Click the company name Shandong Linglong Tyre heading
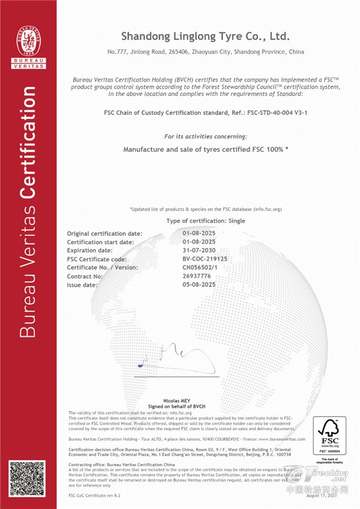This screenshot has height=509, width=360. coord(205,36)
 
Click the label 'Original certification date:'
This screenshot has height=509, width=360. coord(104,233)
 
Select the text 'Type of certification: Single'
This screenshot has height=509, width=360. coord(205,221)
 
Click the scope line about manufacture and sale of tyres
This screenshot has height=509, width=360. coord(205,148)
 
